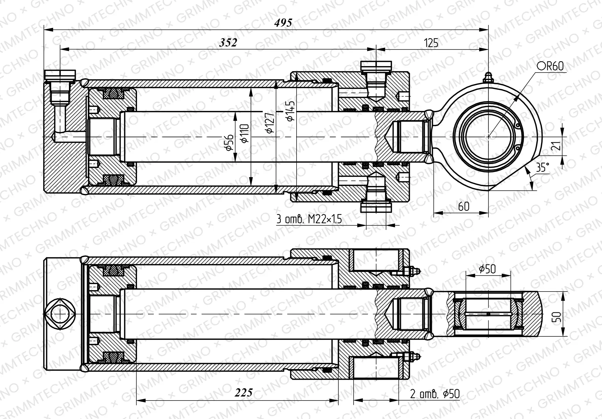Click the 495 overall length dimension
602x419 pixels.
[x=283, y=23]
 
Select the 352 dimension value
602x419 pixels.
[x=228, y=43]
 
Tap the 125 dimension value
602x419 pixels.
[x=431, y=43]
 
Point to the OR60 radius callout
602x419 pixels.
[x=550, y=66]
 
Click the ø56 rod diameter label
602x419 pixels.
[x=229, y=142]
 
